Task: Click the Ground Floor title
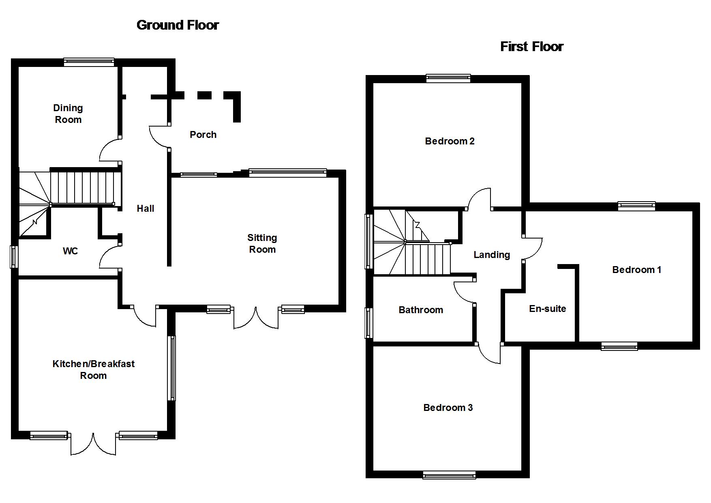(x=178, y=25)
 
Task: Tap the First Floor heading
(x=531, y=47)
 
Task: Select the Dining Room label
(x=68, y=114)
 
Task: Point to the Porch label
(x=203, y=135)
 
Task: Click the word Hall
(x=145, y=209)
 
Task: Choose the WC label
(x=70, y=251)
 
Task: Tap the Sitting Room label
(x=262, y=243)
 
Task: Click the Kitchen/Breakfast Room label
(x=94, y=370)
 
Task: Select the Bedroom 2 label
(x=450, y=141)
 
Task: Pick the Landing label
(x=492, y=255)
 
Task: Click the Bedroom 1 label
(x=636, y=270)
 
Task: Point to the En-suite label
(x=547, y=309)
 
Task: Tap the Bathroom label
(x=421, y=310)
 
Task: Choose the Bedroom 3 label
(x=448, y=408)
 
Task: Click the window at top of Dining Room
(x=89, y=62)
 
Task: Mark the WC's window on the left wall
(x=14, y=256)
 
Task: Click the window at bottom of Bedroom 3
(x=449, y=475)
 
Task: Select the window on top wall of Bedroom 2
(x=448, y=78)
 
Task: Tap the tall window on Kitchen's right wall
(x=172, y=368)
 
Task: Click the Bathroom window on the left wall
(x=368, y=323)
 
